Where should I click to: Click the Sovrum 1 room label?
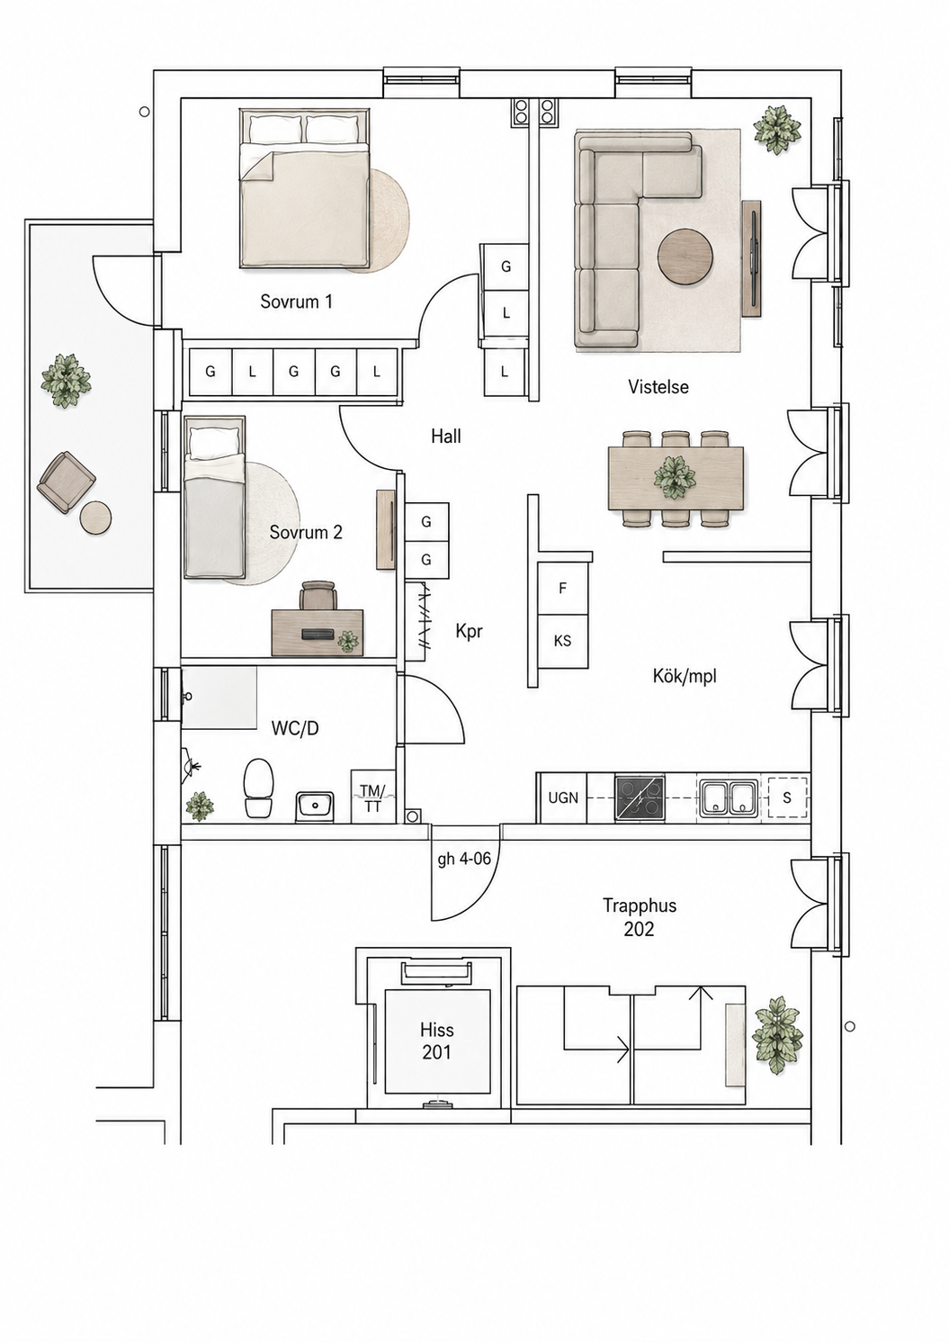296,302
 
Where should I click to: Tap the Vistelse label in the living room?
658,386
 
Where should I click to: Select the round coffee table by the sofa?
685,257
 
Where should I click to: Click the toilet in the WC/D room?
259,788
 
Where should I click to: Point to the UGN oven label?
563,798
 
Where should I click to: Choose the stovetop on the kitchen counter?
640,798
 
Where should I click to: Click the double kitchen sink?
729,798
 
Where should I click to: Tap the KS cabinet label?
562,641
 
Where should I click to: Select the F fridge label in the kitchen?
562,589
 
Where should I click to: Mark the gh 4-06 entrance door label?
465,860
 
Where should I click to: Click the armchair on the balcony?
67,482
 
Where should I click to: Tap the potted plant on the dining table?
676,476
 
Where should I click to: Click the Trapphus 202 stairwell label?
640,916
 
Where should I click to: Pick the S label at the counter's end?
787,798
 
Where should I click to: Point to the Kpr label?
469,632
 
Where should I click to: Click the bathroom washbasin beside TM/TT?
315,806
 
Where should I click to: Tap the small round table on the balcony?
96,517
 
